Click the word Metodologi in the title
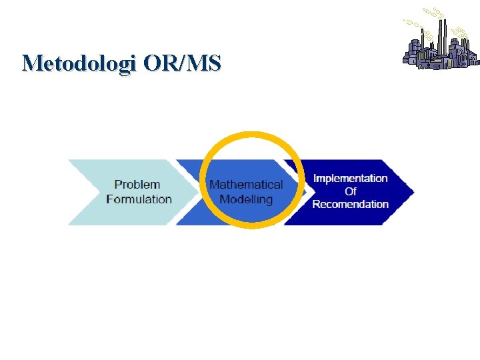(x=79, y=63)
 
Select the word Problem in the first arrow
(x=137, y=185)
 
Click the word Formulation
(x=139, y=199)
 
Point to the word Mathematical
(x=246, y=185)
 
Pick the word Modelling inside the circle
(x=246, y=199)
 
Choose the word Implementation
(x=350, y=179)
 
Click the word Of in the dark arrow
(x=351, y=191)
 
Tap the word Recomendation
(x=350, y=204)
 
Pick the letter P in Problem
(x=119, y=185)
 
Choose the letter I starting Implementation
(x=315, y=179)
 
